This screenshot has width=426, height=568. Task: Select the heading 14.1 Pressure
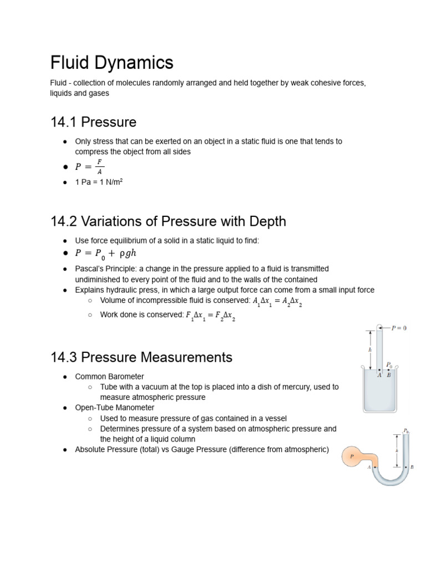93,121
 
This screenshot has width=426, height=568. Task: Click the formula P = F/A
89,166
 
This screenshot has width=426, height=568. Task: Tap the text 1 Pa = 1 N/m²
98,181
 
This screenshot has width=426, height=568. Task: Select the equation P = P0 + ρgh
105,253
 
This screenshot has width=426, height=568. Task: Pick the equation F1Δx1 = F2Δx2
211,316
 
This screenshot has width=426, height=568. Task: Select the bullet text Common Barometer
109,376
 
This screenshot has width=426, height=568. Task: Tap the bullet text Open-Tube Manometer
114,407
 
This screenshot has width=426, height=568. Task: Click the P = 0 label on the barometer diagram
399,328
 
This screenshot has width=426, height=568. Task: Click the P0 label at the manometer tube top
406,430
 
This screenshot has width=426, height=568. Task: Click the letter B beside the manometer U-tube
412,467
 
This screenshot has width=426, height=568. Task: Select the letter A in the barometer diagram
379,375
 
